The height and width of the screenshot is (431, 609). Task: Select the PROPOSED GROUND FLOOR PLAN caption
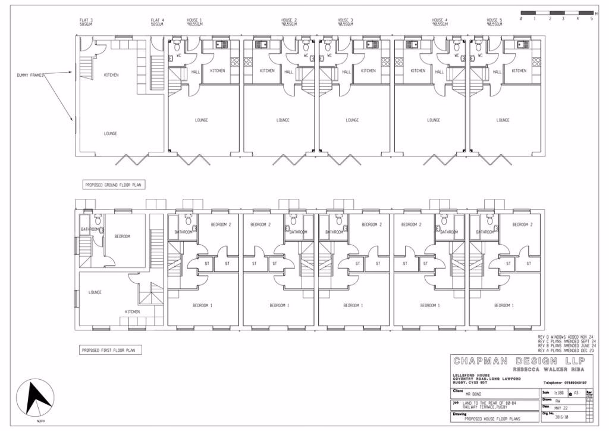tap(113, 185)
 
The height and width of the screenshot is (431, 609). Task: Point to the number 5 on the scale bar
tap(591, 19)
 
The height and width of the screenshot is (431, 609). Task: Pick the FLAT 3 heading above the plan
tap(86, 21)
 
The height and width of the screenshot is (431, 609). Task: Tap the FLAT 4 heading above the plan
tap(157, 21)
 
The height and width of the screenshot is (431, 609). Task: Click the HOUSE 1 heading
tap(194, 21)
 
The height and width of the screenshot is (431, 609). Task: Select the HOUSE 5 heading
tap(494, 21)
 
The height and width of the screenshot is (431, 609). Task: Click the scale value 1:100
tap(558, 393)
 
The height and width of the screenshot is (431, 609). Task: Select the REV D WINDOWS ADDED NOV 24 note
tap(566, 337)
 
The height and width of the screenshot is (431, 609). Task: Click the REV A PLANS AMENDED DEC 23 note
tap(566, 351)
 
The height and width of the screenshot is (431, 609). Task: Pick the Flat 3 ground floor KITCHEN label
tap(111, 75)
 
